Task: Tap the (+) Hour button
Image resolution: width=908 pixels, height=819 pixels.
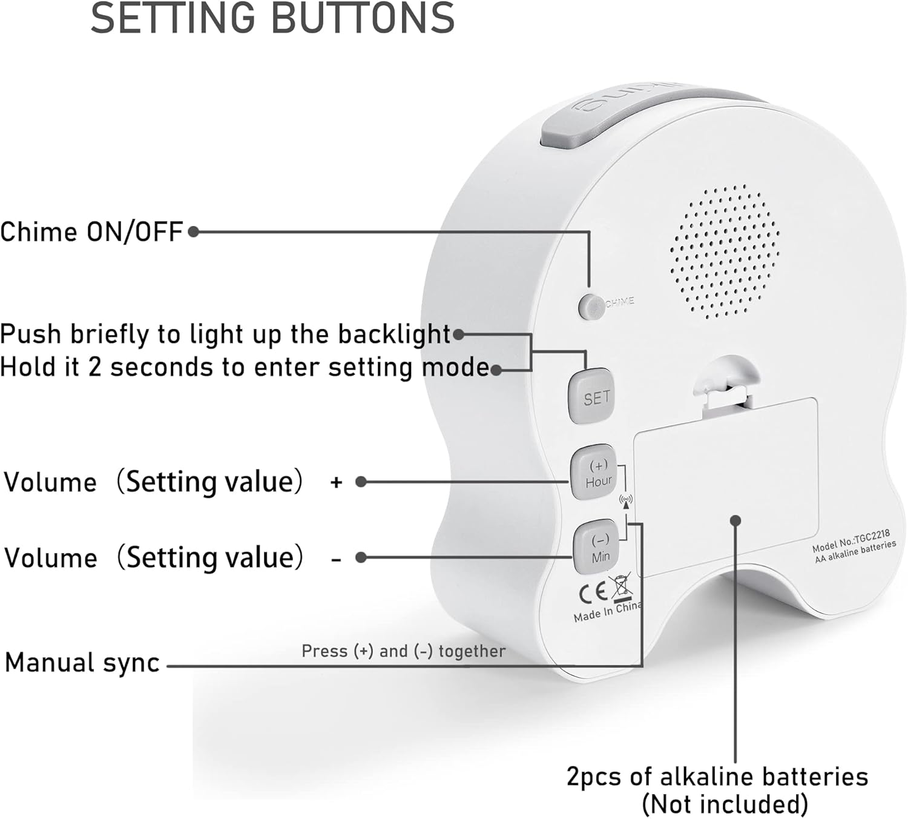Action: tap(594, 473)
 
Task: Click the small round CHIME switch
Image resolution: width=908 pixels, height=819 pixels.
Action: tap(588, 306)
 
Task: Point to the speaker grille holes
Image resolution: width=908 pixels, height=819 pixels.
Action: tap(725, 251)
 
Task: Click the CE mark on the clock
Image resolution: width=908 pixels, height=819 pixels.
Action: tap(593, 593)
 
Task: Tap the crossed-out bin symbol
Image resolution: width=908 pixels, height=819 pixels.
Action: tap(622, 587)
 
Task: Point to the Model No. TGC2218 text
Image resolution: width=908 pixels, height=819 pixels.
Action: tap(851, 540)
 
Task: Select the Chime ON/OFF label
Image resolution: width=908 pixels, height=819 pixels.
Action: tap(91, 232)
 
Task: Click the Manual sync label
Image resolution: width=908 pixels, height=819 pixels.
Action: tap(82, 663)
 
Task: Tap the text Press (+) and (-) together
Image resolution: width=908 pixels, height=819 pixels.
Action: tap(403, 651)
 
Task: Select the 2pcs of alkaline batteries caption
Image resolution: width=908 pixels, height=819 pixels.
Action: tap(717, 777)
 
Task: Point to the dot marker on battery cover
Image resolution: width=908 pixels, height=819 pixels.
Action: tap(735, 521)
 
